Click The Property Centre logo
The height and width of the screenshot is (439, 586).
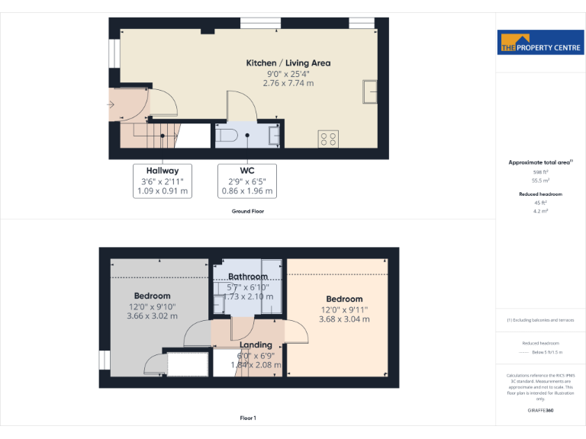click(x=540, y=43)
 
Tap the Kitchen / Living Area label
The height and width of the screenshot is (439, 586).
click(x=288, y=63)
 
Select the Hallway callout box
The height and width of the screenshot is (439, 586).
click(x=163, y=181)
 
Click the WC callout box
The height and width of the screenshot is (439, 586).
click(x=247, y=181)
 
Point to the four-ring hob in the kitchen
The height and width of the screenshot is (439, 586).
click(x=328, y=139)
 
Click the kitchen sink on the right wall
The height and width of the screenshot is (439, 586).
click(x=370, y=91)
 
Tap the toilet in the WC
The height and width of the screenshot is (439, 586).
click(x=228, y=136)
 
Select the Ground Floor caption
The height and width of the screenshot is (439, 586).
click(x=248, y=211)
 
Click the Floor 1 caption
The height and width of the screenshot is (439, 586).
click(x=248, y=418)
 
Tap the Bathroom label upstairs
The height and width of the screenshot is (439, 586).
click(x=248, y=277)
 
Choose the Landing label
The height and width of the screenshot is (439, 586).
click(x=256, y=345)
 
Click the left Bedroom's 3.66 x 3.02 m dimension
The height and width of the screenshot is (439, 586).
click(x=152, y=316)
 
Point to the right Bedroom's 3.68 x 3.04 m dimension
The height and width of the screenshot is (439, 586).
click(x=344, y=319)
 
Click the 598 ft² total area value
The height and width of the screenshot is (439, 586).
click(x=540, y=173)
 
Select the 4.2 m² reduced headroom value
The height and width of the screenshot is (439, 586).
click(x=540, y=210)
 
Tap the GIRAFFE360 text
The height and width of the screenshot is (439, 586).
click(x=540, y=411)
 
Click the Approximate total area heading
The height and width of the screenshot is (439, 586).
click(x=540, y=162)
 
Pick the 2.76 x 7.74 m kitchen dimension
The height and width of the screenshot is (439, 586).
click(x=288, y=83)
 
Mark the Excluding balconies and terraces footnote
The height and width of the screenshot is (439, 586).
click(x=540, y=320)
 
